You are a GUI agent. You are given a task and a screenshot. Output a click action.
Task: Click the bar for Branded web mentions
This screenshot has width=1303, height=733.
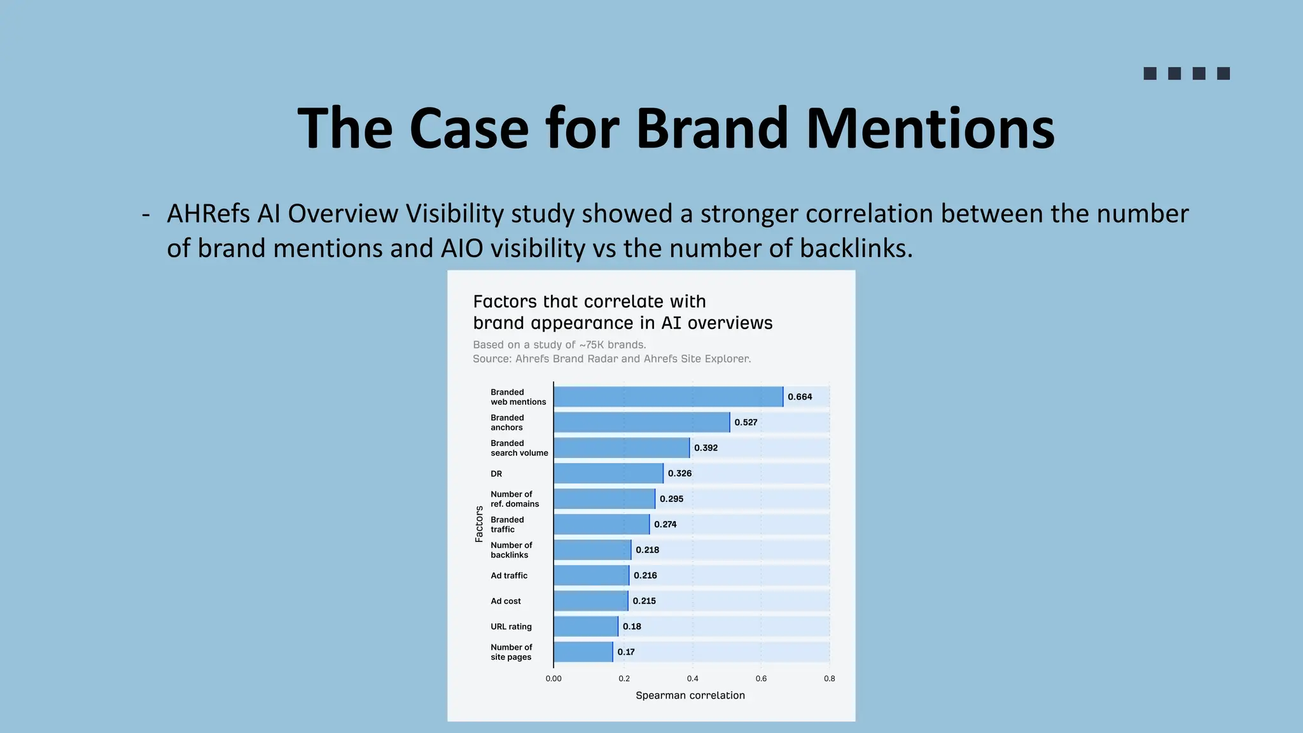668,397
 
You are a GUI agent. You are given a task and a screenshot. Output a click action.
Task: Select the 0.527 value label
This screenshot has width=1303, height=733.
746,422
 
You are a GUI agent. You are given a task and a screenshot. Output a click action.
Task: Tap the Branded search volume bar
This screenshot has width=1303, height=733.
622,448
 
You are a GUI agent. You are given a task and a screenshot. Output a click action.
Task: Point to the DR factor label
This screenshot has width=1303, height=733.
496,474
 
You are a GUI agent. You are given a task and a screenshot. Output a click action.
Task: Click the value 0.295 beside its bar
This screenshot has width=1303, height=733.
671,499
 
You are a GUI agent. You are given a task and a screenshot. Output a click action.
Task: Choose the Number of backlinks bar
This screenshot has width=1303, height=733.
592,550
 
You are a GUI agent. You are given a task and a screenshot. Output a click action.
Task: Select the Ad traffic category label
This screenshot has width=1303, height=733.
509,576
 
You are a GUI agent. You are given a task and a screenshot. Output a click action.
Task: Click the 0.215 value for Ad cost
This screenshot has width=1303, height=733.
644,601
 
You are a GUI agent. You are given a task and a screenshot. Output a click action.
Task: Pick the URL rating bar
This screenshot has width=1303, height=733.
585,627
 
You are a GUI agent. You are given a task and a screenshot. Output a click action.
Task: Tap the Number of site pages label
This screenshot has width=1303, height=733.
512,652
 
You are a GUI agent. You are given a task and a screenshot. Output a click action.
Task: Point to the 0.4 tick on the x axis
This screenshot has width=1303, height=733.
692,679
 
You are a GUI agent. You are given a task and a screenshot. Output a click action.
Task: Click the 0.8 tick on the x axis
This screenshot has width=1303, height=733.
829,679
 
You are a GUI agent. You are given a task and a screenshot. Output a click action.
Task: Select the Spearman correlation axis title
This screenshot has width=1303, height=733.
690,695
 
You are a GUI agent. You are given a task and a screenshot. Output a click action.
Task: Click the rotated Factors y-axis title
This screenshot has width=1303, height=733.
479,524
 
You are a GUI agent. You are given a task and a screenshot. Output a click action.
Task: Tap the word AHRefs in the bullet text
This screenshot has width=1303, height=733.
208,214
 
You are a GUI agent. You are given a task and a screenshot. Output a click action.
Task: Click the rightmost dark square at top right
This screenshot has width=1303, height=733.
1223,74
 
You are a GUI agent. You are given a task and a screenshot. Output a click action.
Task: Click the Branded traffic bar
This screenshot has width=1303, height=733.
601,524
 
